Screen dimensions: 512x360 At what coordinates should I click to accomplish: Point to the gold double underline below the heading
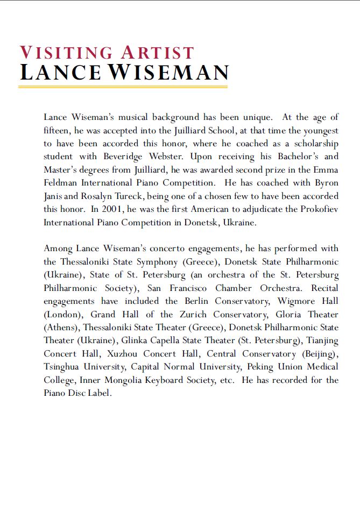tap(123, 86)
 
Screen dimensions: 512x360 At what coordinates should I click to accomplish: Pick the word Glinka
tap(136, 340)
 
